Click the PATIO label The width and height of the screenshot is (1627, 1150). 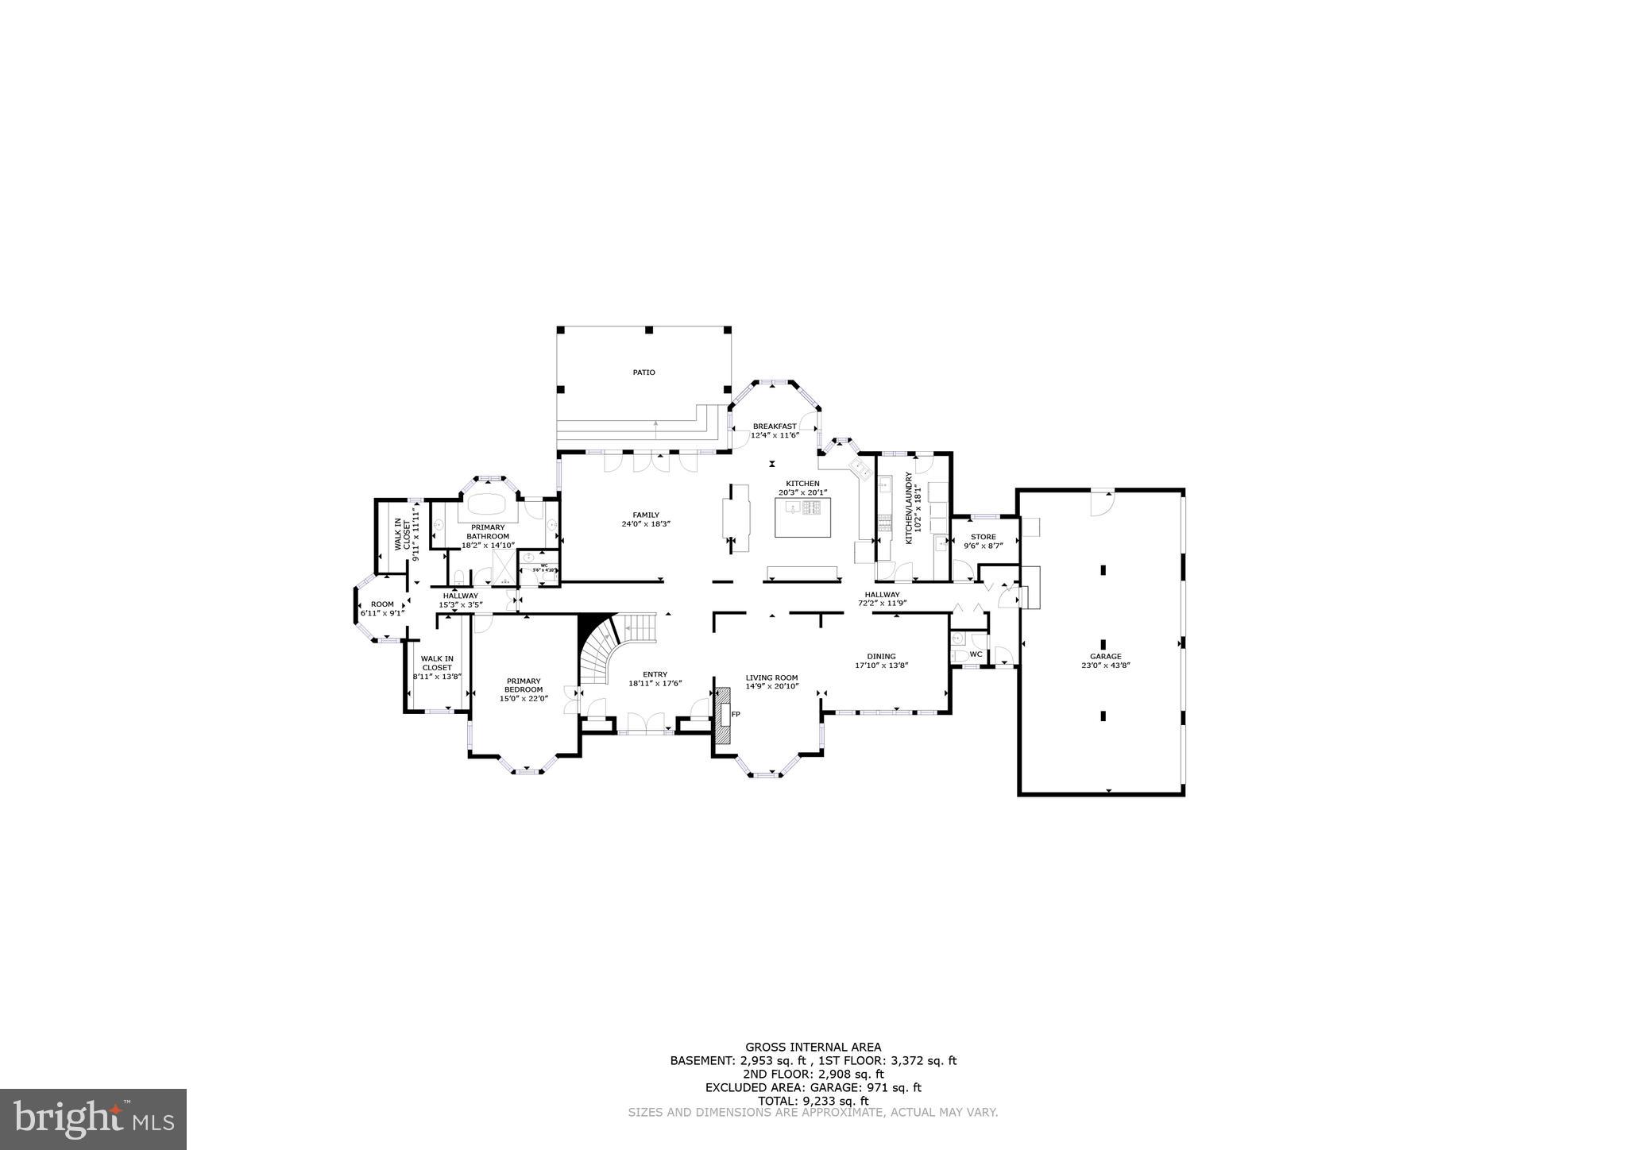point(643,372)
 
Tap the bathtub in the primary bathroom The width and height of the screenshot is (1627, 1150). point(490,506)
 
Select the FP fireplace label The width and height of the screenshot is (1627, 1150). point(736,715)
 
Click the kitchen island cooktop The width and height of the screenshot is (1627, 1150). point(813,508)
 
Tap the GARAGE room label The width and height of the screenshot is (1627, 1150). point(1105,657)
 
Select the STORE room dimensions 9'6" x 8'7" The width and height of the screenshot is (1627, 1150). point(983,546)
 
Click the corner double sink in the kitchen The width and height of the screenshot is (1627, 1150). point(861,466)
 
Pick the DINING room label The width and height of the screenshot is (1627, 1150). point(881,657)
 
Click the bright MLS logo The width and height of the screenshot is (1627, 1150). point(93,1119)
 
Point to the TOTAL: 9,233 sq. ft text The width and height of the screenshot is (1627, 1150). point(813,1101)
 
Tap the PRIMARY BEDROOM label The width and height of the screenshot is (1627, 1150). point(524,685)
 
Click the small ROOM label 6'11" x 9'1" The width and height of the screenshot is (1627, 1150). point(382,608)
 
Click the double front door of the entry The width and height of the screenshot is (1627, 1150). point(644,724)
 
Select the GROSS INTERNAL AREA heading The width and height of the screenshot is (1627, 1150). point(813,1047)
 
